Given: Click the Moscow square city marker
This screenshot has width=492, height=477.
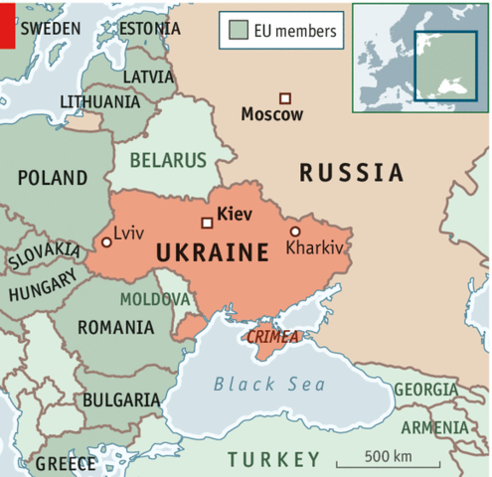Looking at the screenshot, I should tap(284, 97).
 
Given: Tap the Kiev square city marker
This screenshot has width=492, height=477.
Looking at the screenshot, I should tap(207, 223).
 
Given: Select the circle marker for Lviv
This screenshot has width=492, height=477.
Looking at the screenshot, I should tap(106, 241).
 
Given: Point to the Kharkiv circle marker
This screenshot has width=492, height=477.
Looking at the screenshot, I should tap(294, 231).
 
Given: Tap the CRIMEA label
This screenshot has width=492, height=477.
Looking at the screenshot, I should tap(272, 337).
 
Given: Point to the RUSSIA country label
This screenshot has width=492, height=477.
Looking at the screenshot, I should tap(352, 173).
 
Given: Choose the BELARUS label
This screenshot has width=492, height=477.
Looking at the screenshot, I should tap(168, 160).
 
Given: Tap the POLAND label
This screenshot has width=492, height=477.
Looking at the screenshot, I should tap(53, 179).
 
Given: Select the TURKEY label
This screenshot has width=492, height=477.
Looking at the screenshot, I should tap(274, 459).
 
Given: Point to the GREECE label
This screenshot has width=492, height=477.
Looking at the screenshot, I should tap(66, 463).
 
